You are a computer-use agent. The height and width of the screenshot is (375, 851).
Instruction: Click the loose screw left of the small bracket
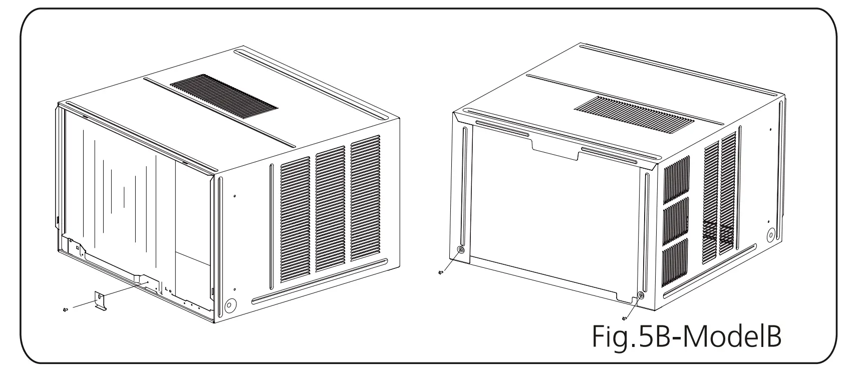65,310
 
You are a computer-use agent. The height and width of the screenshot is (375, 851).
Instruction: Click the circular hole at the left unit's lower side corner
230,305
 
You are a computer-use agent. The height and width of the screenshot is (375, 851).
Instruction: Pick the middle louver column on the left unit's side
330,205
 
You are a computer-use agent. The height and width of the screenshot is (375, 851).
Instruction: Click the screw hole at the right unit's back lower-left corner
461,249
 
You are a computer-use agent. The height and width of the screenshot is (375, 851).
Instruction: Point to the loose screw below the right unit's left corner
440,273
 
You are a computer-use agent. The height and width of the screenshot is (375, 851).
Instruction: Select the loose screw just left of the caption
625,318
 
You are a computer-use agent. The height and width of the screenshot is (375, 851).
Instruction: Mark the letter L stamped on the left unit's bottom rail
166,288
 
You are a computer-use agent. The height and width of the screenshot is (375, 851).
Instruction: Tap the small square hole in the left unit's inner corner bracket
78,247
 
